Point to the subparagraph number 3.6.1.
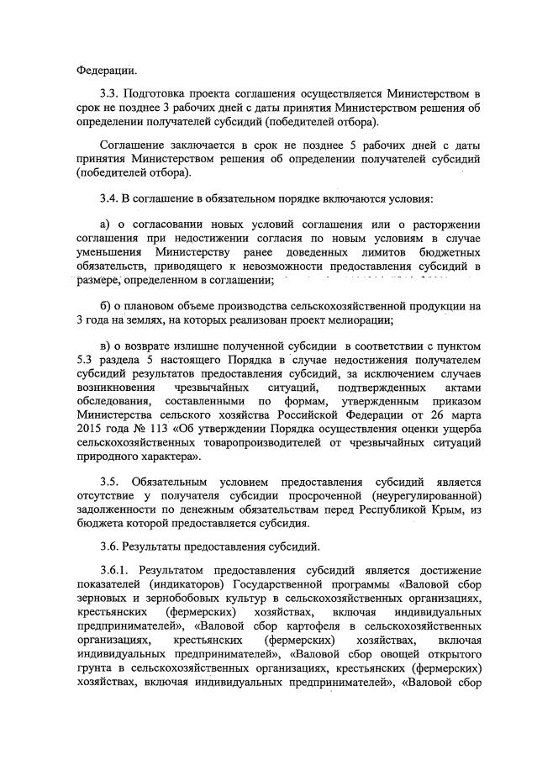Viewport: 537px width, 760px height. pyautogui.click(x=116, y=569)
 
